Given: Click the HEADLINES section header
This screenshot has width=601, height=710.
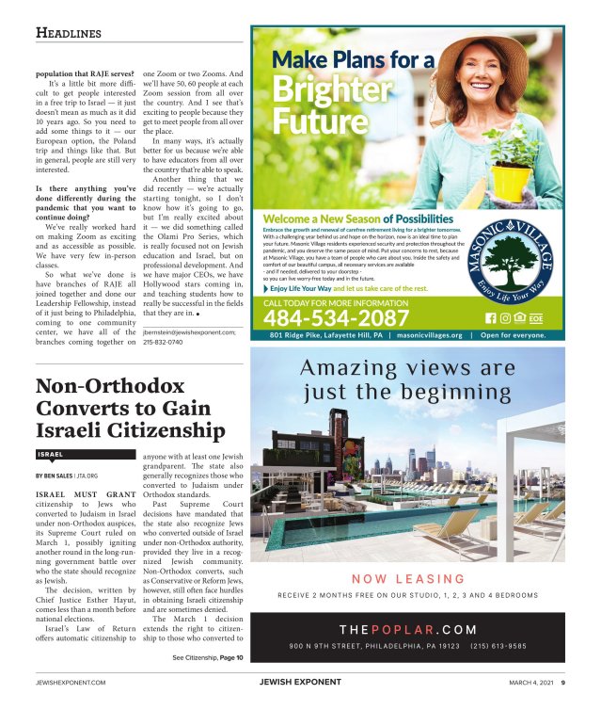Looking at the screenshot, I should (x=68, y=34).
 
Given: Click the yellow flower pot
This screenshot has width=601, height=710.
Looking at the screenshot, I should (x=510, y=179).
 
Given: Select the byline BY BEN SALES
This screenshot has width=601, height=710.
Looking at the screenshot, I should (x=59, y=476).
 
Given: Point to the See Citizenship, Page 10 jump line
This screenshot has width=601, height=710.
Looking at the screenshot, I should (x=208, y=657).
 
